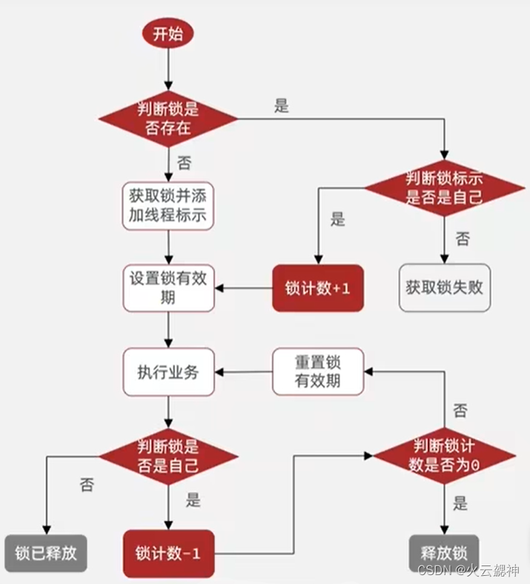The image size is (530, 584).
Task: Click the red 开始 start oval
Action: click(x=168, y=33)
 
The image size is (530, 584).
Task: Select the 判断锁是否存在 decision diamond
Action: click(x=168, y=119)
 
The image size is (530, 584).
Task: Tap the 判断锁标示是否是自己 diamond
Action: click(x=444, y=188)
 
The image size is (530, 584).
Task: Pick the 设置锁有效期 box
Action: click(x=168, y=288)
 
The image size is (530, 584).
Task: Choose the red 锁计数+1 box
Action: click(x=317, y=288)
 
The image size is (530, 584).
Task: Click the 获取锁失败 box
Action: click(x=444, y=288)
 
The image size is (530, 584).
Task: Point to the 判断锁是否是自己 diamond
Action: click(x=168, y=457)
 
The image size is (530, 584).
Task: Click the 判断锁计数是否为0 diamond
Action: click(x=443, y=457)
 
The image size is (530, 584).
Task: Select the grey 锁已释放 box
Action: click(x=45, y=553)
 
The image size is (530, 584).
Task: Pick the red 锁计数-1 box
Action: click(x=172, y=553)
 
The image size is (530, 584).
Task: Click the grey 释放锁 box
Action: click(x=443, y=553)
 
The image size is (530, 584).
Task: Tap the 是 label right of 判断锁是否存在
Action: click(x=282, y=105)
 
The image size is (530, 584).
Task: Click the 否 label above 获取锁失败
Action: click(x=463, y=239)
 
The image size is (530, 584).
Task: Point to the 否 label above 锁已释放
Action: click(x=87, y=485)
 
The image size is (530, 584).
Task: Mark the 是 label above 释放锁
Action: click(x=460, y=504)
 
